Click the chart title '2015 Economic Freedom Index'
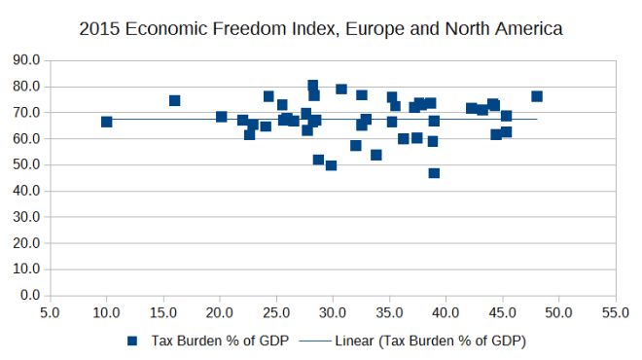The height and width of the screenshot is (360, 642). [x=320, y=29]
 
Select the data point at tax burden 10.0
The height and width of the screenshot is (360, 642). [x=106, y=122]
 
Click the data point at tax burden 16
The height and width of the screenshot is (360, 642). [x=174, y=100]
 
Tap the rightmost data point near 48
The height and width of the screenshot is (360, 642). [x=537, y=96]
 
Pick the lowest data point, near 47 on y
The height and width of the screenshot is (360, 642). [x=434, y=173]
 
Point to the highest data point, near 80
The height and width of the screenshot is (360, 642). [x=313, y=86]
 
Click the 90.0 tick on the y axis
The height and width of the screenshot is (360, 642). [x=26, y=60]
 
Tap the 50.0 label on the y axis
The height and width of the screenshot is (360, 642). [x=26, y=164]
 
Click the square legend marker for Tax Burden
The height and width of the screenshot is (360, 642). [x=131, y=342]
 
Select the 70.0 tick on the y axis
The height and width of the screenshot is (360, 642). [x=26, y=113]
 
